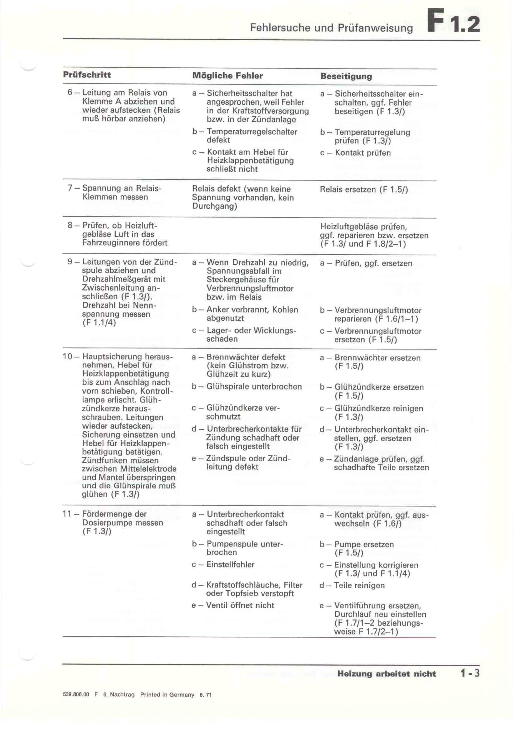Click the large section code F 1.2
(x=453, y=21)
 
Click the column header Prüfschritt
(x=87, y=75)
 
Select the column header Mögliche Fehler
(x=227, y=75)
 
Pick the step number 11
(x=67, y=514)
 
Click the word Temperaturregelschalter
(x=252, y=132)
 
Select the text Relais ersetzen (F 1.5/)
(x=364, y=189)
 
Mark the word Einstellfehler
(x=230, y=564)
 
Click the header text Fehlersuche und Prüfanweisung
(x=331, y=28)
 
